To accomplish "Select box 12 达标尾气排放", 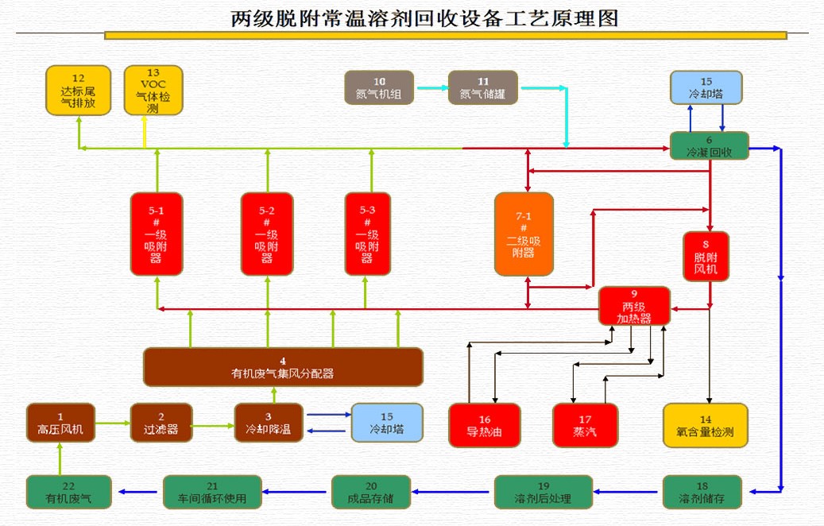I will (78, 91).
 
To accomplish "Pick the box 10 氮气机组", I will (379, 87).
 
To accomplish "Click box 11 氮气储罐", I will (483, 87).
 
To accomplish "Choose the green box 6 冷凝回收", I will (709, 145).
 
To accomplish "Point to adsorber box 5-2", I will (267, 234).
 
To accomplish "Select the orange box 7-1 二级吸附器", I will (524, 234).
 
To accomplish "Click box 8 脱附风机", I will (706, 256).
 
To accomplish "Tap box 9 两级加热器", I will (634, 306).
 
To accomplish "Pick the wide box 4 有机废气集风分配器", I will (283, 367).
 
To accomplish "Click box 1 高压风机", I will (60, 423).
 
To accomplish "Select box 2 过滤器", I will (161, 423).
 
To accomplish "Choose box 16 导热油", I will (485, 425).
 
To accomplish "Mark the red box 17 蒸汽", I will (585, 425).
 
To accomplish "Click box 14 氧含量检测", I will (706, 425).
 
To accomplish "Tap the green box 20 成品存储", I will (371, 492).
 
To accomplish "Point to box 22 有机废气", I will (68, 492).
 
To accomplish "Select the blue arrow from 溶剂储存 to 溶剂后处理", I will (628, 492).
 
